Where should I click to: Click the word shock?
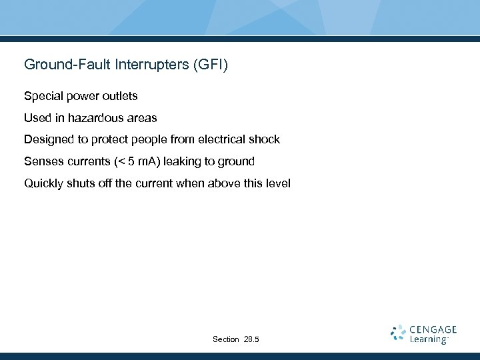(x=265, y=140)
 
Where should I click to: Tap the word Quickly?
(x=44, y=183)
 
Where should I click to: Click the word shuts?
(x=83, y=183)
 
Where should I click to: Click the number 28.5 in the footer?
(x=251, y=340)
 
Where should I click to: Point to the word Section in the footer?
(x=226, y=340)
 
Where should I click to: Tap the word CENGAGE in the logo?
(x=434, y=329)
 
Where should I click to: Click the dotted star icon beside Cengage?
(x=398, y=333)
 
